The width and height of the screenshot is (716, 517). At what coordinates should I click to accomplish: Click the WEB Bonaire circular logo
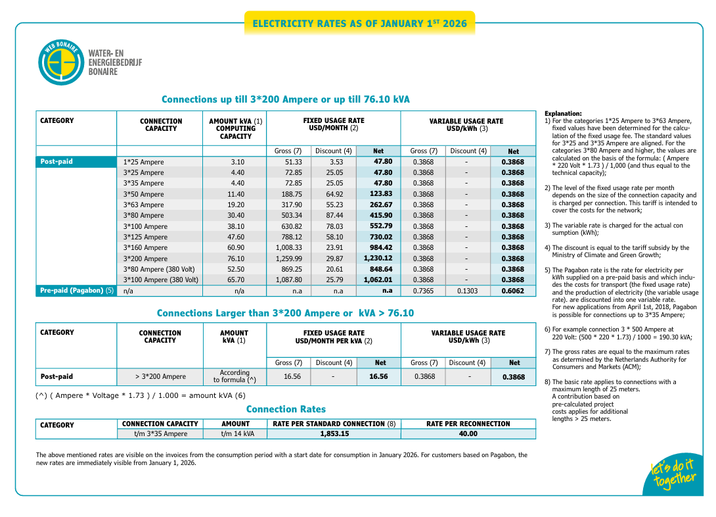(62, 62)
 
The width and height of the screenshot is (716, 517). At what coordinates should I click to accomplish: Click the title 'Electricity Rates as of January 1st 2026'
(359, 24)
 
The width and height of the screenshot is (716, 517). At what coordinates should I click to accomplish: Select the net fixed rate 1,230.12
(378, 258)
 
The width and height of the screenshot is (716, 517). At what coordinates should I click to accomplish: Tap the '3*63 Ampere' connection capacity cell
(144, 205)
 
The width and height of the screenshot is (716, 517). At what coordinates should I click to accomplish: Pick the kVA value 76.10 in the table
(237, 258)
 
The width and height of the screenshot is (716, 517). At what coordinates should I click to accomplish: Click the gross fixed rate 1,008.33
(288, 248)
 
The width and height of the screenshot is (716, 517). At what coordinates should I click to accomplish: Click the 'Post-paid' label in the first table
(56, 162)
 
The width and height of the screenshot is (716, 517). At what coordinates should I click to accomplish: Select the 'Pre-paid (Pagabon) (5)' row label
(76, 291)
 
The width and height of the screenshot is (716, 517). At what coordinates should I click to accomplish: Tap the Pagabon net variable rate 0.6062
(513, 291)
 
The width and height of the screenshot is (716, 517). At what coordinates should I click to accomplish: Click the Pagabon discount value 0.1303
(466, 291)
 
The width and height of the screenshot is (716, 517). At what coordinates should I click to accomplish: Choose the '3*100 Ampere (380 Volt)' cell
(161, 280)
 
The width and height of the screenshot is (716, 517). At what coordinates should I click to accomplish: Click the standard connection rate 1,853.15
(334, 434)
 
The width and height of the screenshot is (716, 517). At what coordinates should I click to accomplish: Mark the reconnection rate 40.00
(468, 434)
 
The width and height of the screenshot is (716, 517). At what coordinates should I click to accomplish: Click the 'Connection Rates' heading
(286, 409)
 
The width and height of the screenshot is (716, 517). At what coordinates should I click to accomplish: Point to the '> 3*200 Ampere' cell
(160, 377)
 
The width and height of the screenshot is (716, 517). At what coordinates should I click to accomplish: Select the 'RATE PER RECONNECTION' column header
(468, 424)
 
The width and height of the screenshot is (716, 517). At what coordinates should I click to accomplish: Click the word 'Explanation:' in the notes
(563, 114)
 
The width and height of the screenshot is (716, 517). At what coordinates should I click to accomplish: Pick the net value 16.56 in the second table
(378, 377)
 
